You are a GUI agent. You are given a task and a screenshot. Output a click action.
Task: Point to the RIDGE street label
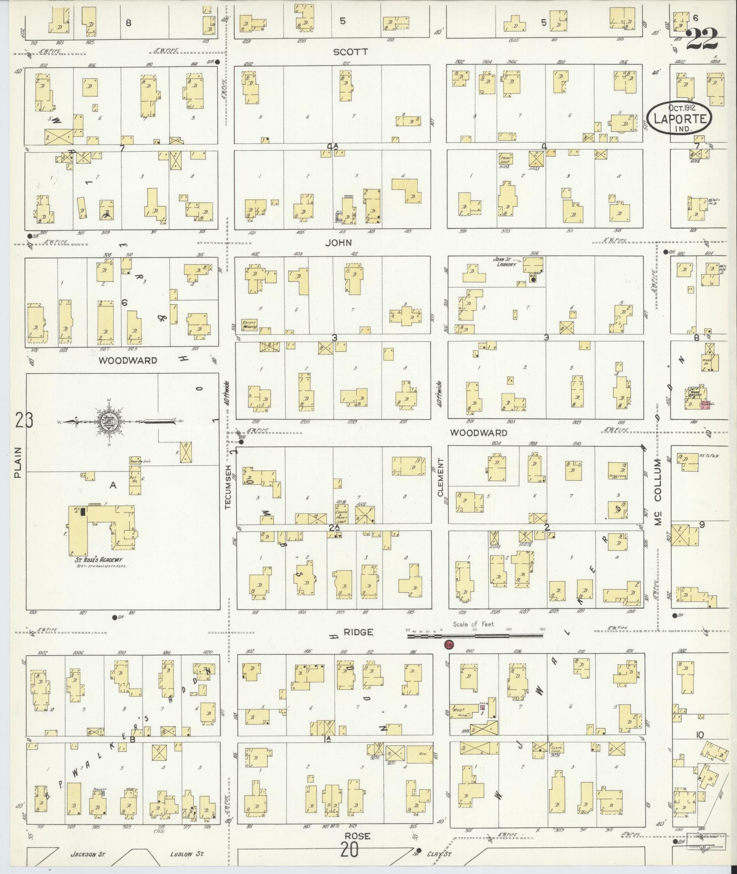point(358,632)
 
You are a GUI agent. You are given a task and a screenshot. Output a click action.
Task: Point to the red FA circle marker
point(449,645)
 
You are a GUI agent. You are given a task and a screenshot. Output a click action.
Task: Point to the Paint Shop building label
point(506,159)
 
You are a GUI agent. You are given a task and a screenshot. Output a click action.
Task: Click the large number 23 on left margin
point(24,420)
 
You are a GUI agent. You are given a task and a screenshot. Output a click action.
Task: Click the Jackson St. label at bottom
point(88,853)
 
